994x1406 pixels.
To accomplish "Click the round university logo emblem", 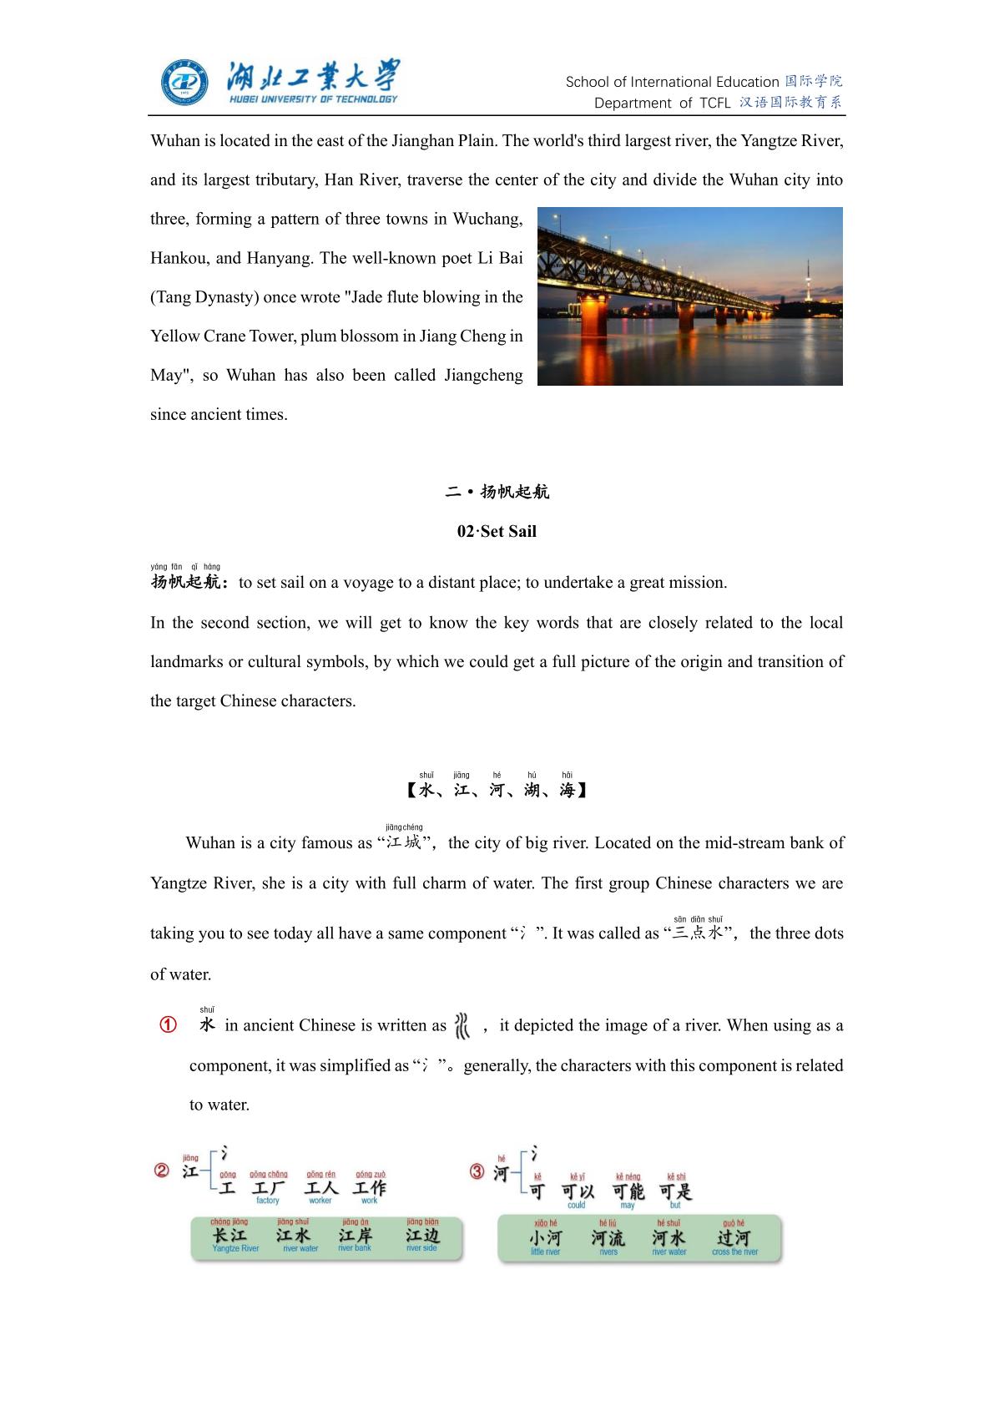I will point(184,83).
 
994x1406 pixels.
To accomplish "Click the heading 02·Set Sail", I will point(497,532).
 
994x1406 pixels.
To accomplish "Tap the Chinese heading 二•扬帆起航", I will point(497,492).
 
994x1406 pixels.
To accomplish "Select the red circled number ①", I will point(168,1025).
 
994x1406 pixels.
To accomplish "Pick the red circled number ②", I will point(162,1171).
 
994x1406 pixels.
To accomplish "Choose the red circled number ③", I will point(477,1171).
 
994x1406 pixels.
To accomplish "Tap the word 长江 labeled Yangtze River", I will point(230,1235).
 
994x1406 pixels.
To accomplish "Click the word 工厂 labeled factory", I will point(268,1187).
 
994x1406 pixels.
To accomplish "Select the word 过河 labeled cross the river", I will point(734,1238).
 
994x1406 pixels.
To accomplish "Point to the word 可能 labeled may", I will point(628,1191).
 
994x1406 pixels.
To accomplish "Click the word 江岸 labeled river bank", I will point(356,1235).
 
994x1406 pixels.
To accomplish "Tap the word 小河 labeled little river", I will point(546,1238).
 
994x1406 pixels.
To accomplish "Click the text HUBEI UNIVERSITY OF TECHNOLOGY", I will point(313,99).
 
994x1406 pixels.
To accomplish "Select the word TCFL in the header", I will point(715,104).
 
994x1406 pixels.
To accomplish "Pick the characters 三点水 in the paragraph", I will point(699,933).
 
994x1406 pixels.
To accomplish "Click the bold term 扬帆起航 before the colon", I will point(185,582).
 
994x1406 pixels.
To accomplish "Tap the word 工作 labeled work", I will point(370,1187).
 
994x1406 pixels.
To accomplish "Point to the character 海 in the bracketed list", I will point(568,790).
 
